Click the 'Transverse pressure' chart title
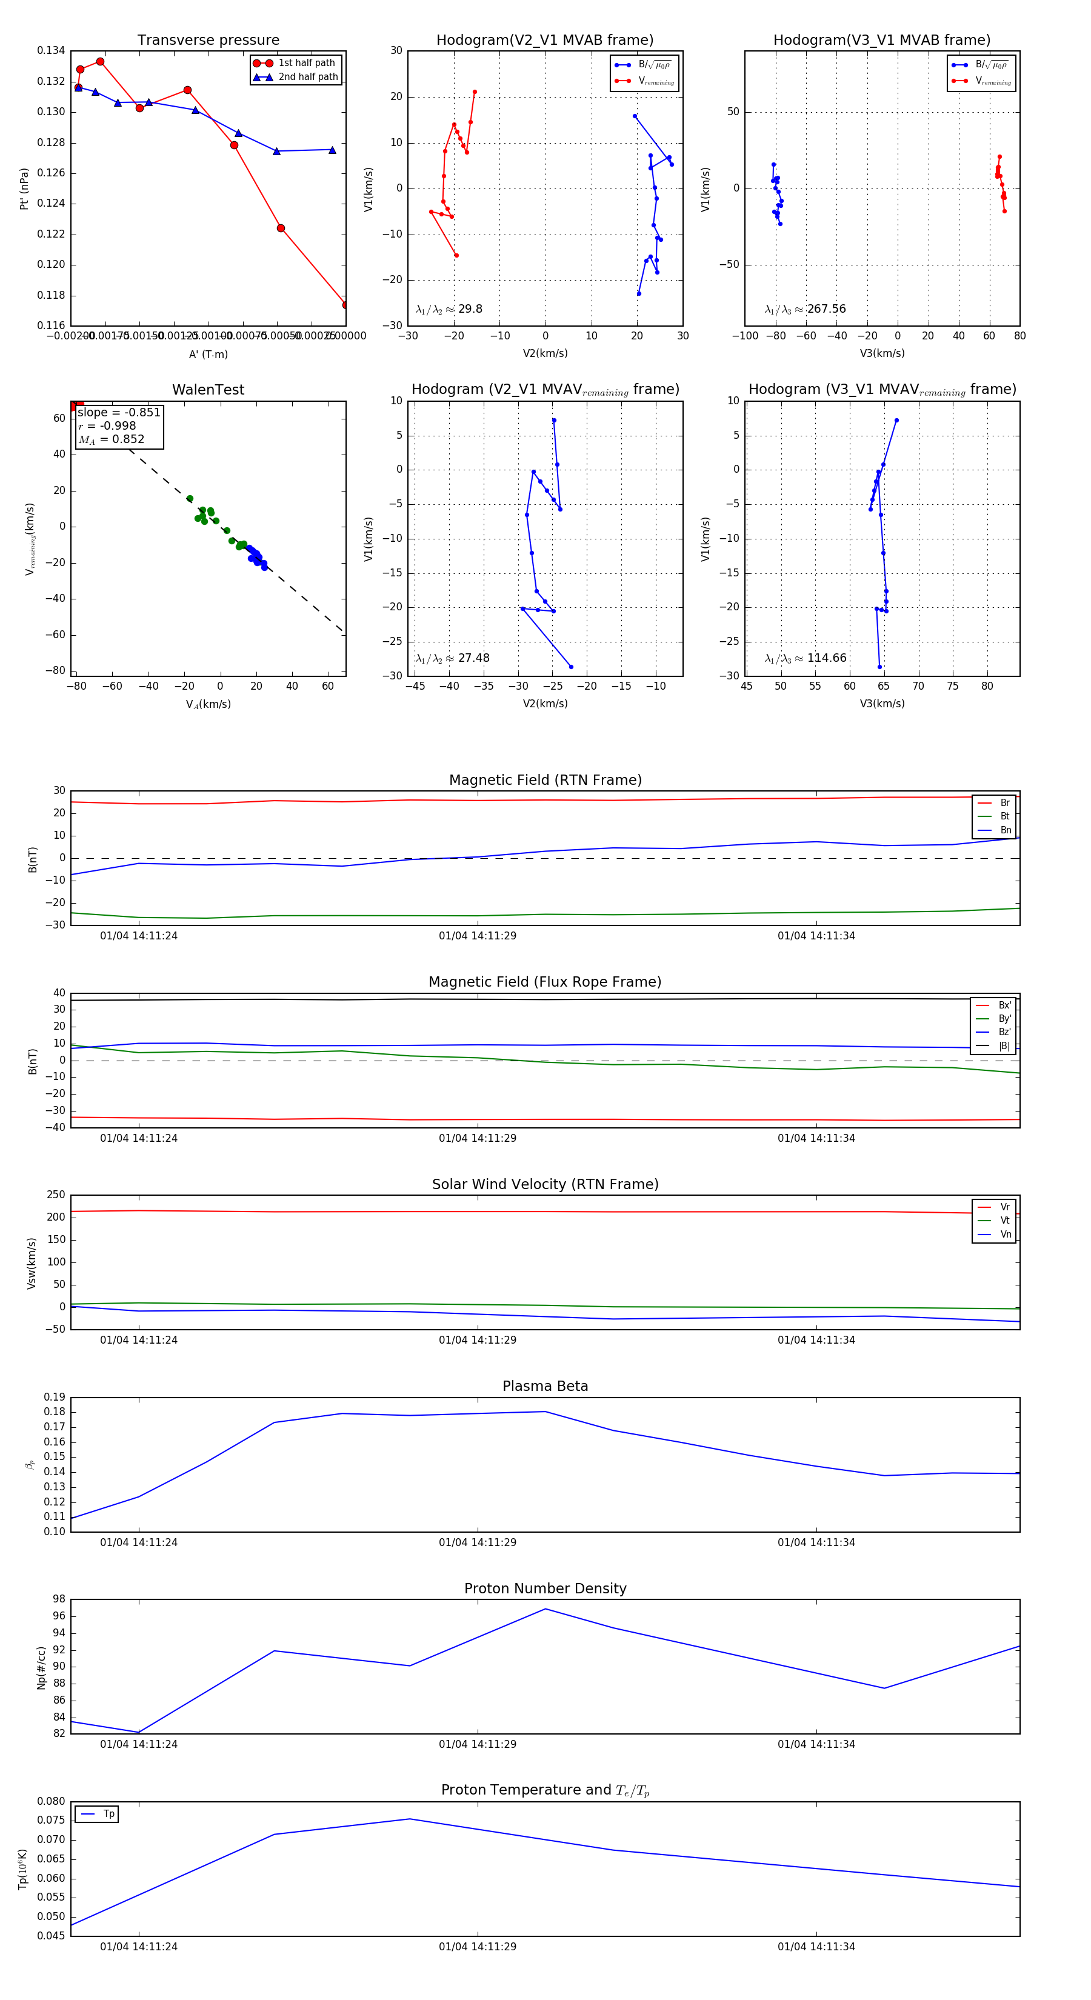coord(208,41)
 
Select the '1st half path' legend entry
coord(306,63)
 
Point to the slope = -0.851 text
coord(119,412)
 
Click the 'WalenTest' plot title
coord(208,390)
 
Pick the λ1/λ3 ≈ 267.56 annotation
coord(806,309)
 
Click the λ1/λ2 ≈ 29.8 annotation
coord(449,309)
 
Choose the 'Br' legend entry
coord(1004,803)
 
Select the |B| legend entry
coord(1003,1046)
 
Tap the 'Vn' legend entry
coord(1005,1235)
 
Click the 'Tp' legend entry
coord(108,1815)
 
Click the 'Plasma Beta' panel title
coord(545,1386)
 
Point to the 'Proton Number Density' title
coord(545,1588)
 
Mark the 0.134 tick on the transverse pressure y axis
coord(52,52)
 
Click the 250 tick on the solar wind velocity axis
coord(56,1195)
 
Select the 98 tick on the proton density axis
coord(58,1599)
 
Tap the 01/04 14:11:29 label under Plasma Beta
coord(477,1542)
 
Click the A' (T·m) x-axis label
coord(208,354)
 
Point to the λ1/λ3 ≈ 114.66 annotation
coord(806,658)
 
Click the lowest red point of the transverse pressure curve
coord(345,305)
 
